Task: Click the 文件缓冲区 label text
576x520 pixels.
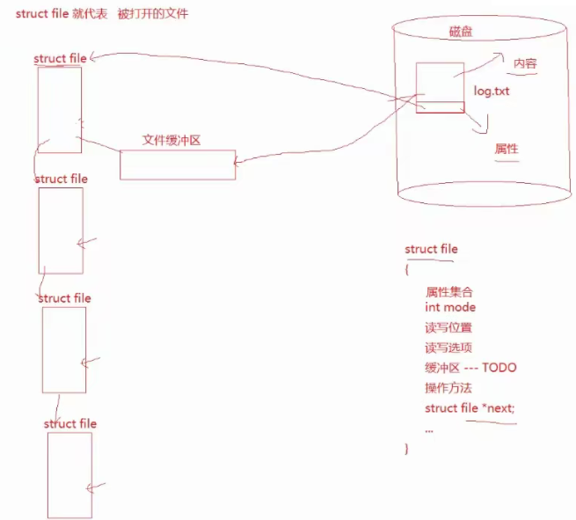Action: point(172,141)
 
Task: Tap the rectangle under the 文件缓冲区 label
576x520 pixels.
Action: point(177,165)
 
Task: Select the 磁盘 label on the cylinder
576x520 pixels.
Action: point(461,33)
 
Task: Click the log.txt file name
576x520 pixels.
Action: point(492,91)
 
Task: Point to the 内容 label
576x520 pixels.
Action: point(525,64)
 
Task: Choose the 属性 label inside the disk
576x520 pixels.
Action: point(506,149)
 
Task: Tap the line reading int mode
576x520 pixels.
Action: point(450,308)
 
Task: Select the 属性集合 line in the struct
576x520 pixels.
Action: point(449,291)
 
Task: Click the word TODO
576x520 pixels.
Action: point(499,368)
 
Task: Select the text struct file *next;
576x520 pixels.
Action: point(470,408)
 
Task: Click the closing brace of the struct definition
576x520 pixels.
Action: point(407,450)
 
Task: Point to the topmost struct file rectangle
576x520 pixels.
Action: point(59,109)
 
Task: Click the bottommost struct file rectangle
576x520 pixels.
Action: point(69,474)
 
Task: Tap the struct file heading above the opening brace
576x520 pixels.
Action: point(431,250)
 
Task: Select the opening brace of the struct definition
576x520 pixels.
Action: point(407,269)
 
